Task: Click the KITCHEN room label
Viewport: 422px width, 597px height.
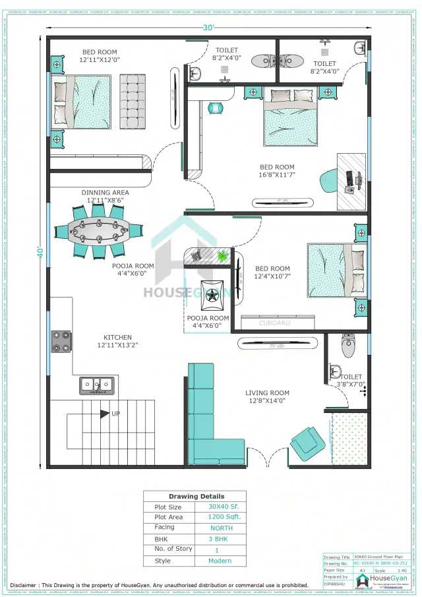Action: (117, 337)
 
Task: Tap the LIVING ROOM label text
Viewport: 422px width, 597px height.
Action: (268, 393)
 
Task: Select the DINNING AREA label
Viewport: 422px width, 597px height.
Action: (105, 193)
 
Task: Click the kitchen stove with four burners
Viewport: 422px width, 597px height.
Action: (61, 341)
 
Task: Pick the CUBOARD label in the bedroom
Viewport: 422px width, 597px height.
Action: (274, 323)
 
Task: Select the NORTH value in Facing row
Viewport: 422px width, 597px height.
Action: (221, 528)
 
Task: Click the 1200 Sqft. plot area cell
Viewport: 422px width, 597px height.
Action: (221, 517)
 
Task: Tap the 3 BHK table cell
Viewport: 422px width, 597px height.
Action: (221, 539)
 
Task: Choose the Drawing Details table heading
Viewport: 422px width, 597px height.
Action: (196, 496)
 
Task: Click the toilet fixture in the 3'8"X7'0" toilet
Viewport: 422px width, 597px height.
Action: (348, 345)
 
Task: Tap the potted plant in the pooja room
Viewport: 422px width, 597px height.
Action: (222, 255)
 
